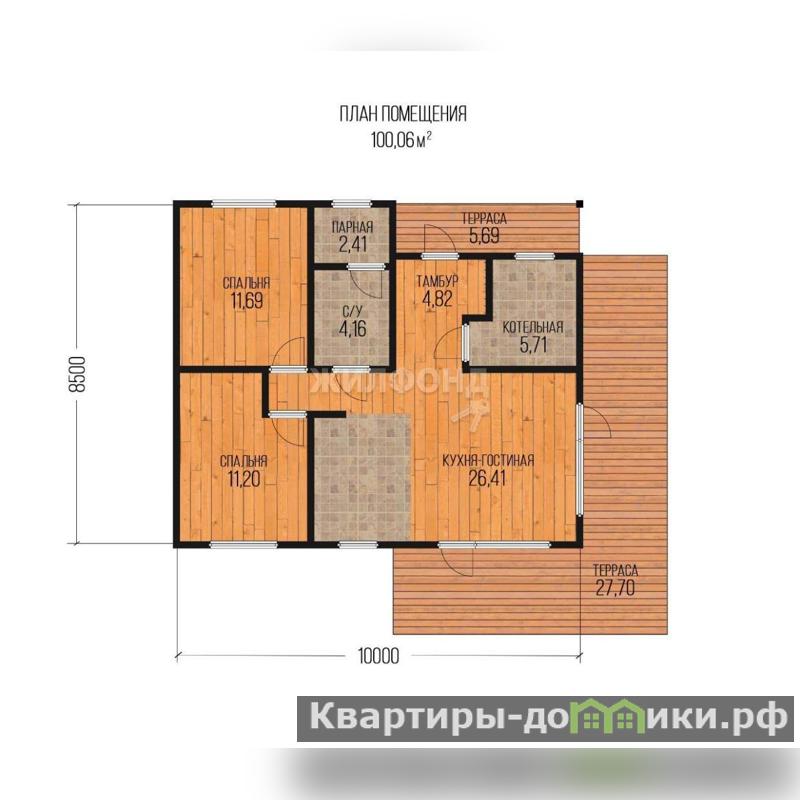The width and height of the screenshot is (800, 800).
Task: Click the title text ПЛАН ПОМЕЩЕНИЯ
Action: (403, 114)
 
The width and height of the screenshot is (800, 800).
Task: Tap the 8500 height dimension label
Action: (78, 373)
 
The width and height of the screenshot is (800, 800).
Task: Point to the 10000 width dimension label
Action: (379, 656)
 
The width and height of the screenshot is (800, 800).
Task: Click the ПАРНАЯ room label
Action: (353, 227)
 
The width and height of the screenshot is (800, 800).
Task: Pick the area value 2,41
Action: (353, 244)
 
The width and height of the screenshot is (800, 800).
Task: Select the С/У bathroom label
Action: (352, 311)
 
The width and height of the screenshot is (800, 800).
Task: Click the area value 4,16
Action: (353, 329)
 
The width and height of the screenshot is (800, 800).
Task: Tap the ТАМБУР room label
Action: (437, 281)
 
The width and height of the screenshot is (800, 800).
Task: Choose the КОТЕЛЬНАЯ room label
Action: (533, 328)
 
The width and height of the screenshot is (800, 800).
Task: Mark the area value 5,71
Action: (533, 345)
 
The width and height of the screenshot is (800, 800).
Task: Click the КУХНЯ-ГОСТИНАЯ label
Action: (488, 461)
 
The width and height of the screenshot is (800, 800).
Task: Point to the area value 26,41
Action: (488, 479)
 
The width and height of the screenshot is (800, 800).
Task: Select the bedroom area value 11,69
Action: (247, 301)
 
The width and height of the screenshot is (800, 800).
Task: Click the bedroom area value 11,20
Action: (244, 479)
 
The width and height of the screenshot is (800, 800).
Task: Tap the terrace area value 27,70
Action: (615, 588)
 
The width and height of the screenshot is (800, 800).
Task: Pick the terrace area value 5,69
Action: (484, 236)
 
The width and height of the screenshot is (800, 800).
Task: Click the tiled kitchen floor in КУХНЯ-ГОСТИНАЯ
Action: (362, 477)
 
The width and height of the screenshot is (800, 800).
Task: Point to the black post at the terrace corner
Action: (579, 204)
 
